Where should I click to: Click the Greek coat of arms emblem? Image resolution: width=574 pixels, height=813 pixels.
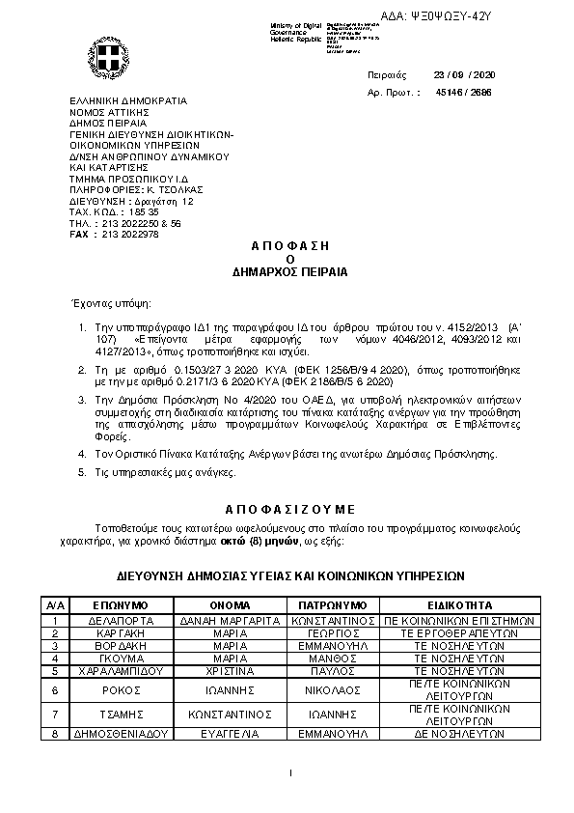104,56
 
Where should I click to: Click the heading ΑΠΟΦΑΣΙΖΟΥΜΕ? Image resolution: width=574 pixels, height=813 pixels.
290,507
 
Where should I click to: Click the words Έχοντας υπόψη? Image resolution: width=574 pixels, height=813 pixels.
100,302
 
